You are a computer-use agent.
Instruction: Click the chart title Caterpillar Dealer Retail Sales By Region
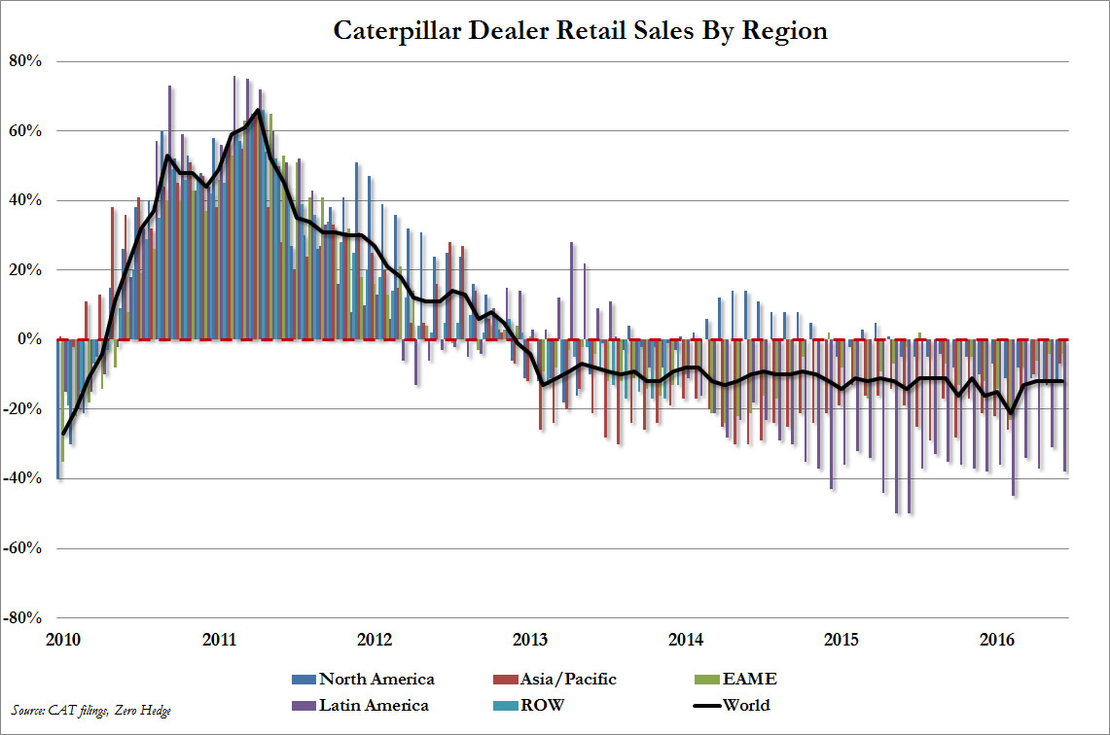580,30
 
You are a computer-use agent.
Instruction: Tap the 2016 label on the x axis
996,640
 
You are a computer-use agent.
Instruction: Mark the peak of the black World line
258,110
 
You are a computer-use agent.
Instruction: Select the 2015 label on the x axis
841,640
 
